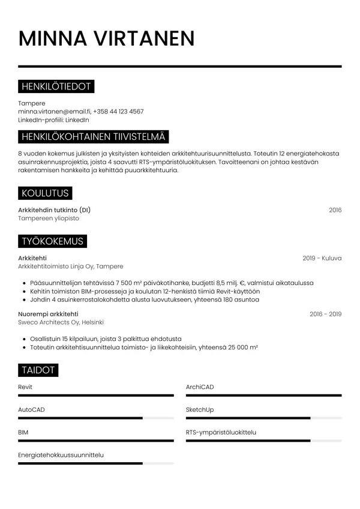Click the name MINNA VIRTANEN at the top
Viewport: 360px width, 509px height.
[106, 38]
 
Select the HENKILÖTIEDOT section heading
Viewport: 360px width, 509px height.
[56, 87]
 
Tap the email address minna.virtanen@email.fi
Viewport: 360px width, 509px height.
[54, 112]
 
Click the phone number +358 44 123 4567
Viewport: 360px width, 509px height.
[118, 112]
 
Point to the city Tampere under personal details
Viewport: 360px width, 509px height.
[31, 103]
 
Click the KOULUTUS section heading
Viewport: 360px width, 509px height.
[45, 193]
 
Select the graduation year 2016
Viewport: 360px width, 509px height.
[335, 210]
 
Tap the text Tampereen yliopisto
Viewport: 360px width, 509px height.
[48, 218]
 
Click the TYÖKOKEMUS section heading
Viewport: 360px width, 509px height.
[52, 241]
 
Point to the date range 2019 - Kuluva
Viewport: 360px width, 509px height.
[322, 258]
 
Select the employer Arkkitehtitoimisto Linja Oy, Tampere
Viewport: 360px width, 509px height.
[71, 267]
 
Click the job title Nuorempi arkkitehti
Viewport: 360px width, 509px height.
[48, 314]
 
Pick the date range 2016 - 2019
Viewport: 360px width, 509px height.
[325, 314]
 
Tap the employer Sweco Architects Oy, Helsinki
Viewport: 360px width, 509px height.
[61, 322]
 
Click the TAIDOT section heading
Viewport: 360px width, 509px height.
[38, 370]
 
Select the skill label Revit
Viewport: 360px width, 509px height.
[25, 387]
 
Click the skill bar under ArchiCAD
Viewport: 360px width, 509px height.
[263, 396]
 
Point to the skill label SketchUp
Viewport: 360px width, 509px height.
[200, 409]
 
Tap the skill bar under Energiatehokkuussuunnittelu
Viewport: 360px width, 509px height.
[96, 463]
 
